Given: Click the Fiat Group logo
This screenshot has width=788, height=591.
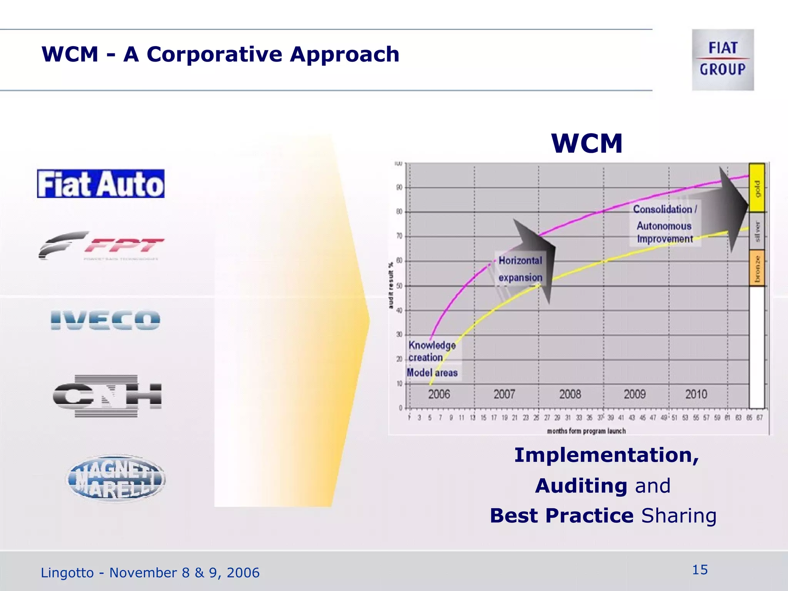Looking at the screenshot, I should pyautogui.click(x=723, y=60).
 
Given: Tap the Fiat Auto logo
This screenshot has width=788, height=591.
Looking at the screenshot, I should pyautogui.click(x=101, y=184).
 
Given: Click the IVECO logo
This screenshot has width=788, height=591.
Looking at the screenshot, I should pyautogui.click(x=105, y=320).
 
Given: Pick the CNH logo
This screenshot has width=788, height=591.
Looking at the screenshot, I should pyautogui.click(x=107, y=396).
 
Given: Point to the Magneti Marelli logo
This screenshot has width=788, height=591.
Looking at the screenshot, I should pyautogui.click(x=116, y=479).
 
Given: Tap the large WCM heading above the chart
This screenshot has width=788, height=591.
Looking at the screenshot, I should pyautogui.click(x=586, y=144).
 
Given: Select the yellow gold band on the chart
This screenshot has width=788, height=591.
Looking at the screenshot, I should pyautogui.click(x=756, y=188).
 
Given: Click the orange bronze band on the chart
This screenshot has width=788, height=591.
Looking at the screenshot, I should pyautogui.click(x=756, y=268).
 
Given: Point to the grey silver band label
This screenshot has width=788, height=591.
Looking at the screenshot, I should pyautogui.click(x=757, y=231).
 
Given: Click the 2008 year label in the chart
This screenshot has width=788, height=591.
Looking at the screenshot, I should pyautogui.click(x=570, y=394).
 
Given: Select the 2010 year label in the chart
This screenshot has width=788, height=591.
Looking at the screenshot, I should pyautogui.click(x=696, y=394).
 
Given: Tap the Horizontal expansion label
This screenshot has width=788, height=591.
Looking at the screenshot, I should pyautogui.click(x=520, y=269).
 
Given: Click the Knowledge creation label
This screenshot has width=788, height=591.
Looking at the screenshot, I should pyautogui.click(x=431, y=351).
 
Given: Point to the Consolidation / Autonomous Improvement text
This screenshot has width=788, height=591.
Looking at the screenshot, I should pyautogui.click(x=664, y=224).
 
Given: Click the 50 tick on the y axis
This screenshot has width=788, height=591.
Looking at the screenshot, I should pyautogui.click(x=399, y=286).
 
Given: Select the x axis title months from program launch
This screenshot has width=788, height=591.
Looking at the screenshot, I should pyautogui.click(x=586, y=431).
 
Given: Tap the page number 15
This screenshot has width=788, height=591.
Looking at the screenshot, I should pyautogui.click(x=700, y=570).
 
